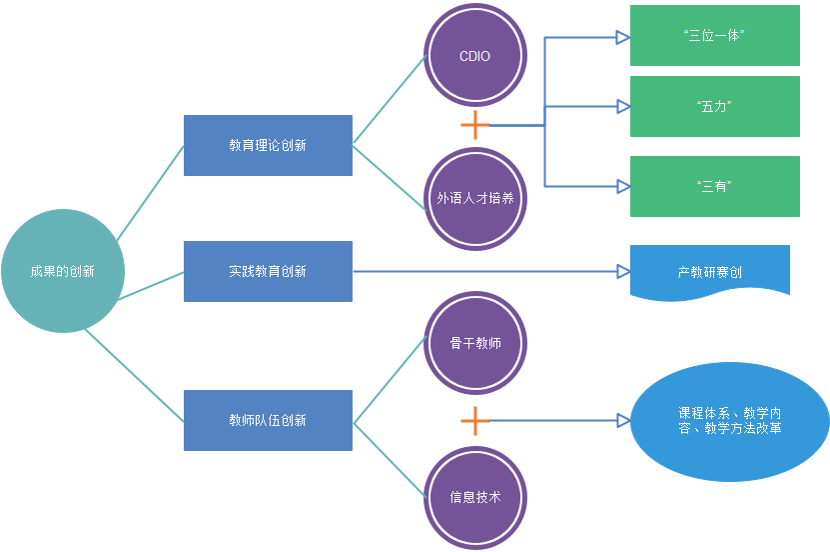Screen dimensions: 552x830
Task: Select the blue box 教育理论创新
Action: tap(268, 145)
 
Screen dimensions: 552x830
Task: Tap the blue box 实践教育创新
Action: tap(268, 271)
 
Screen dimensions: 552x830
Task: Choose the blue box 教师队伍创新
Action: tap(268, 420)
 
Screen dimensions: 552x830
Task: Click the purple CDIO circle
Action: tap(474, 56)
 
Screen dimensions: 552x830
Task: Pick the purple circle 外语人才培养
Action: tap(474, 198)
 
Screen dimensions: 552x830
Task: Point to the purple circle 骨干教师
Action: tap(474, 344)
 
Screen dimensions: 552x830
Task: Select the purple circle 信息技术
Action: tap(474, 498)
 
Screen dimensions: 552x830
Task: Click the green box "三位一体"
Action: tap(714, 35)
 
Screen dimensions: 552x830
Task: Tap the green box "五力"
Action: tap(714, 106)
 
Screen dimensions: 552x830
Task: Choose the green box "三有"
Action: tap(714, 186)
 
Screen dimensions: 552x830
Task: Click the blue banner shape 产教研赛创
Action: tap(709, 271)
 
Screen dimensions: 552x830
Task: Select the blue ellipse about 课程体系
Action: tap(730, 421)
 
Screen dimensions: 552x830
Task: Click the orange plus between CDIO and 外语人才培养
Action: tap(475, 125)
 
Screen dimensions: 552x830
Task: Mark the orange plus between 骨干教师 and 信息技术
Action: tap(475, 421)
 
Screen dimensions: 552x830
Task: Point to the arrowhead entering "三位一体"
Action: tap(622, 38)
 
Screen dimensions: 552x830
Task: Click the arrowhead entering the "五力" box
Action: tap(622, 106)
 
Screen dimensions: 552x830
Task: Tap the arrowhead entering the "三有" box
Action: tap(622, 186)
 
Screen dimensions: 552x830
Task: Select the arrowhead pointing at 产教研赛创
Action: tap(622, 271)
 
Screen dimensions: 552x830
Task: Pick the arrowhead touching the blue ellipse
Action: tap(623, 421)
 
